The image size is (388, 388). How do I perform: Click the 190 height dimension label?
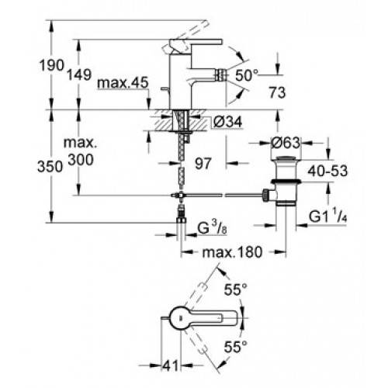(51, 65)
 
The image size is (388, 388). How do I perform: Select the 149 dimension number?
(79, 74)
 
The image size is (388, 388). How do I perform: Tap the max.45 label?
(123, 83)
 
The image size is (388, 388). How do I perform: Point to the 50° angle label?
(247, 75)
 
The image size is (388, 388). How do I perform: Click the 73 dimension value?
(277, 92)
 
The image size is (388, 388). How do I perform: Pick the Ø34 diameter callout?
(228, 122)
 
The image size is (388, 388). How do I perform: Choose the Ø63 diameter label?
(286, 143)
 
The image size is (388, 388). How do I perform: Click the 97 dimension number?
(203, 163)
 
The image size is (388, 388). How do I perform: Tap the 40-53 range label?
(327, 171)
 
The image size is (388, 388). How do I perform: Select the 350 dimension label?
(50, 166)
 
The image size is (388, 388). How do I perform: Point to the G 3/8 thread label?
(212, 228)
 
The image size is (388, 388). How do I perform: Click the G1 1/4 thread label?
(327, 217)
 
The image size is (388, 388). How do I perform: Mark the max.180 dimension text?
(232, 252)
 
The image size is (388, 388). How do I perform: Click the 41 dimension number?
(171, 365)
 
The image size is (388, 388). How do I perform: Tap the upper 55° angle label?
(235, 289)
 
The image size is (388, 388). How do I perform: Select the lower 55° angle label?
(235, 347)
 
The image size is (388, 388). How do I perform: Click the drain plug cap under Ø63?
(286, 158)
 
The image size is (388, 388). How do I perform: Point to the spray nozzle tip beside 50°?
(222, 75)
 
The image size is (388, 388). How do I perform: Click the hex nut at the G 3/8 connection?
(182, 220)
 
